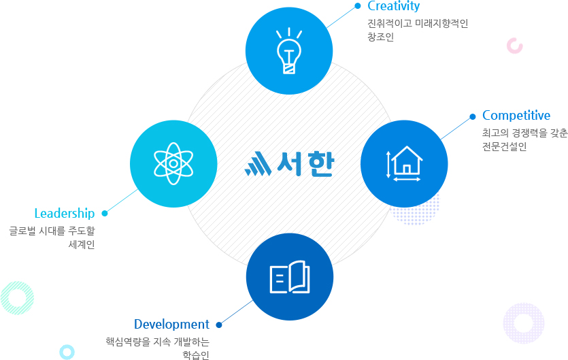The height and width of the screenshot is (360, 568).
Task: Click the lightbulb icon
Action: pos(289,51)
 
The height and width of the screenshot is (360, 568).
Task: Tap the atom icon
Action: pos(173,163)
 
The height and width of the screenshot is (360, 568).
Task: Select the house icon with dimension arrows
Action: pos(404,163)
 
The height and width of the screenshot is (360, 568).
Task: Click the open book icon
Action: pos(290,277)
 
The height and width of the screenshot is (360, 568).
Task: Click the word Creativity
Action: pos(393,6)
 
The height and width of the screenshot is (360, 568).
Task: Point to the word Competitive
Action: pos(516,116)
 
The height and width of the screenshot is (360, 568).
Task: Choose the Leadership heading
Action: pos(65,214)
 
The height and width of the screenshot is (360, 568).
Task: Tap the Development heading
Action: pos(171,324)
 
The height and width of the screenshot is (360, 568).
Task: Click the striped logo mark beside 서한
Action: pos(258,163)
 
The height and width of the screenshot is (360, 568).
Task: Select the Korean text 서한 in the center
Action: pos(305,164)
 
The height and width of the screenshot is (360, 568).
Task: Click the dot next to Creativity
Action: pos(358,6)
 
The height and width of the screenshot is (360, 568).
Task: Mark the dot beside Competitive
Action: pos(472,116)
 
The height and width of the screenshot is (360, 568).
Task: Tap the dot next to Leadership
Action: pos(105,213)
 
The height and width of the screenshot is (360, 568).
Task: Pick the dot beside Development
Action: pos(219,325)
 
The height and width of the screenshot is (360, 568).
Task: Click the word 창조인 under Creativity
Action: pos(381,37)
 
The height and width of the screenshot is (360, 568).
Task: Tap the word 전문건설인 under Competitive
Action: pos(504,146)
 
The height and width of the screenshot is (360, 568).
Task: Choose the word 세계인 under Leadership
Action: pos(82,244)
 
